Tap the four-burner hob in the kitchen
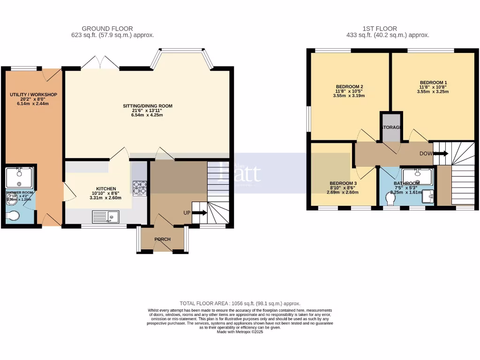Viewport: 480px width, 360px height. point(139,188)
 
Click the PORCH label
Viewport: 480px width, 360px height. point(162,240)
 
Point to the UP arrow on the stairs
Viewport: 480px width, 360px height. point(199,212)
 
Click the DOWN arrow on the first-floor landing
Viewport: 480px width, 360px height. point(441,153)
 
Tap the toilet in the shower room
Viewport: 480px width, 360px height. point(14,216)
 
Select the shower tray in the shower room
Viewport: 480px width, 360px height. point(19,177)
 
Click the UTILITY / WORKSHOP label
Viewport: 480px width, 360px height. point(33,95)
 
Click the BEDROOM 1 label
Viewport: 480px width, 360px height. point(433,82)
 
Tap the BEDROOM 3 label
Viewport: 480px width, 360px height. point(343,183)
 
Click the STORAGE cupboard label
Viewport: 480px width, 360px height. point(391,127)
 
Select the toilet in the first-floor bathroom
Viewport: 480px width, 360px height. point(389,200)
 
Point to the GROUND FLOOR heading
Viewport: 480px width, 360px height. point(107,29)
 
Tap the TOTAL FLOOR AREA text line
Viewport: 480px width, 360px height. point(240,304)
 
